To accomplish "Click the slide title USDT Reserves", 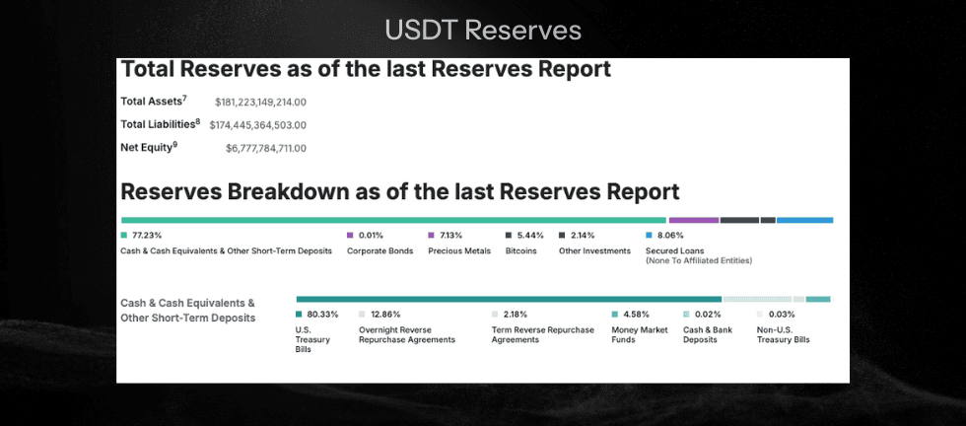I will pos(483,31).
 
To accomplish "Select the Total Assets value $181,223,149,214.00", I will pos(260,102).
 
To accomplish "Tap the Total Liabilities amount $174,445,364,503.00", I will pos(257,125).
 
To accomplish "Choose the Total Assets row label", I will pos(153,101).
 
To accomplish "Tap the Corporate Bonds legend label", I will pos(379,250).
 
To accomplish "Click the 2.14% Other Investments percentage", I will pos(583,236).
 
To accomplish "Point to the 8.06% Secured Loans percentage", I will pos(669,236).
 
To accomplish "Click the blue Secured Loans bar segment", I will pos(804,220).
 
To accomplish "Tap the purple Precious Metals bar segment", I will pos(694,220).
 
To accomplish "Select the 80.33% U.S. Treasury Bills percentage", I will pos(322,315).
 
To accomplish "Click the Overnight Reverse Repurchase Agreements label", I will pos(406,334).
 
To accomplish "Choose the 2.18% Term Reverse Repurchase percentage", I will pos(517,315).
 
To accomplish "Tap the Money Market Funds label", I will pos(639,334).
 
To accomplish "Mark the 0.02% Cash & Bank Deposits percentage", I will pos(707,315).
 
